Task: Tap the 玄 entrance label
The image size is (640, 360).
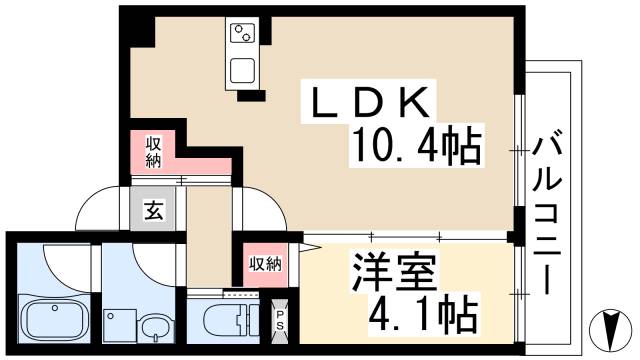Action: click(155, 211)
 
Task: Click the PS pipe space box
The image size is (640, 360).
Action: click(281, 321)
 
